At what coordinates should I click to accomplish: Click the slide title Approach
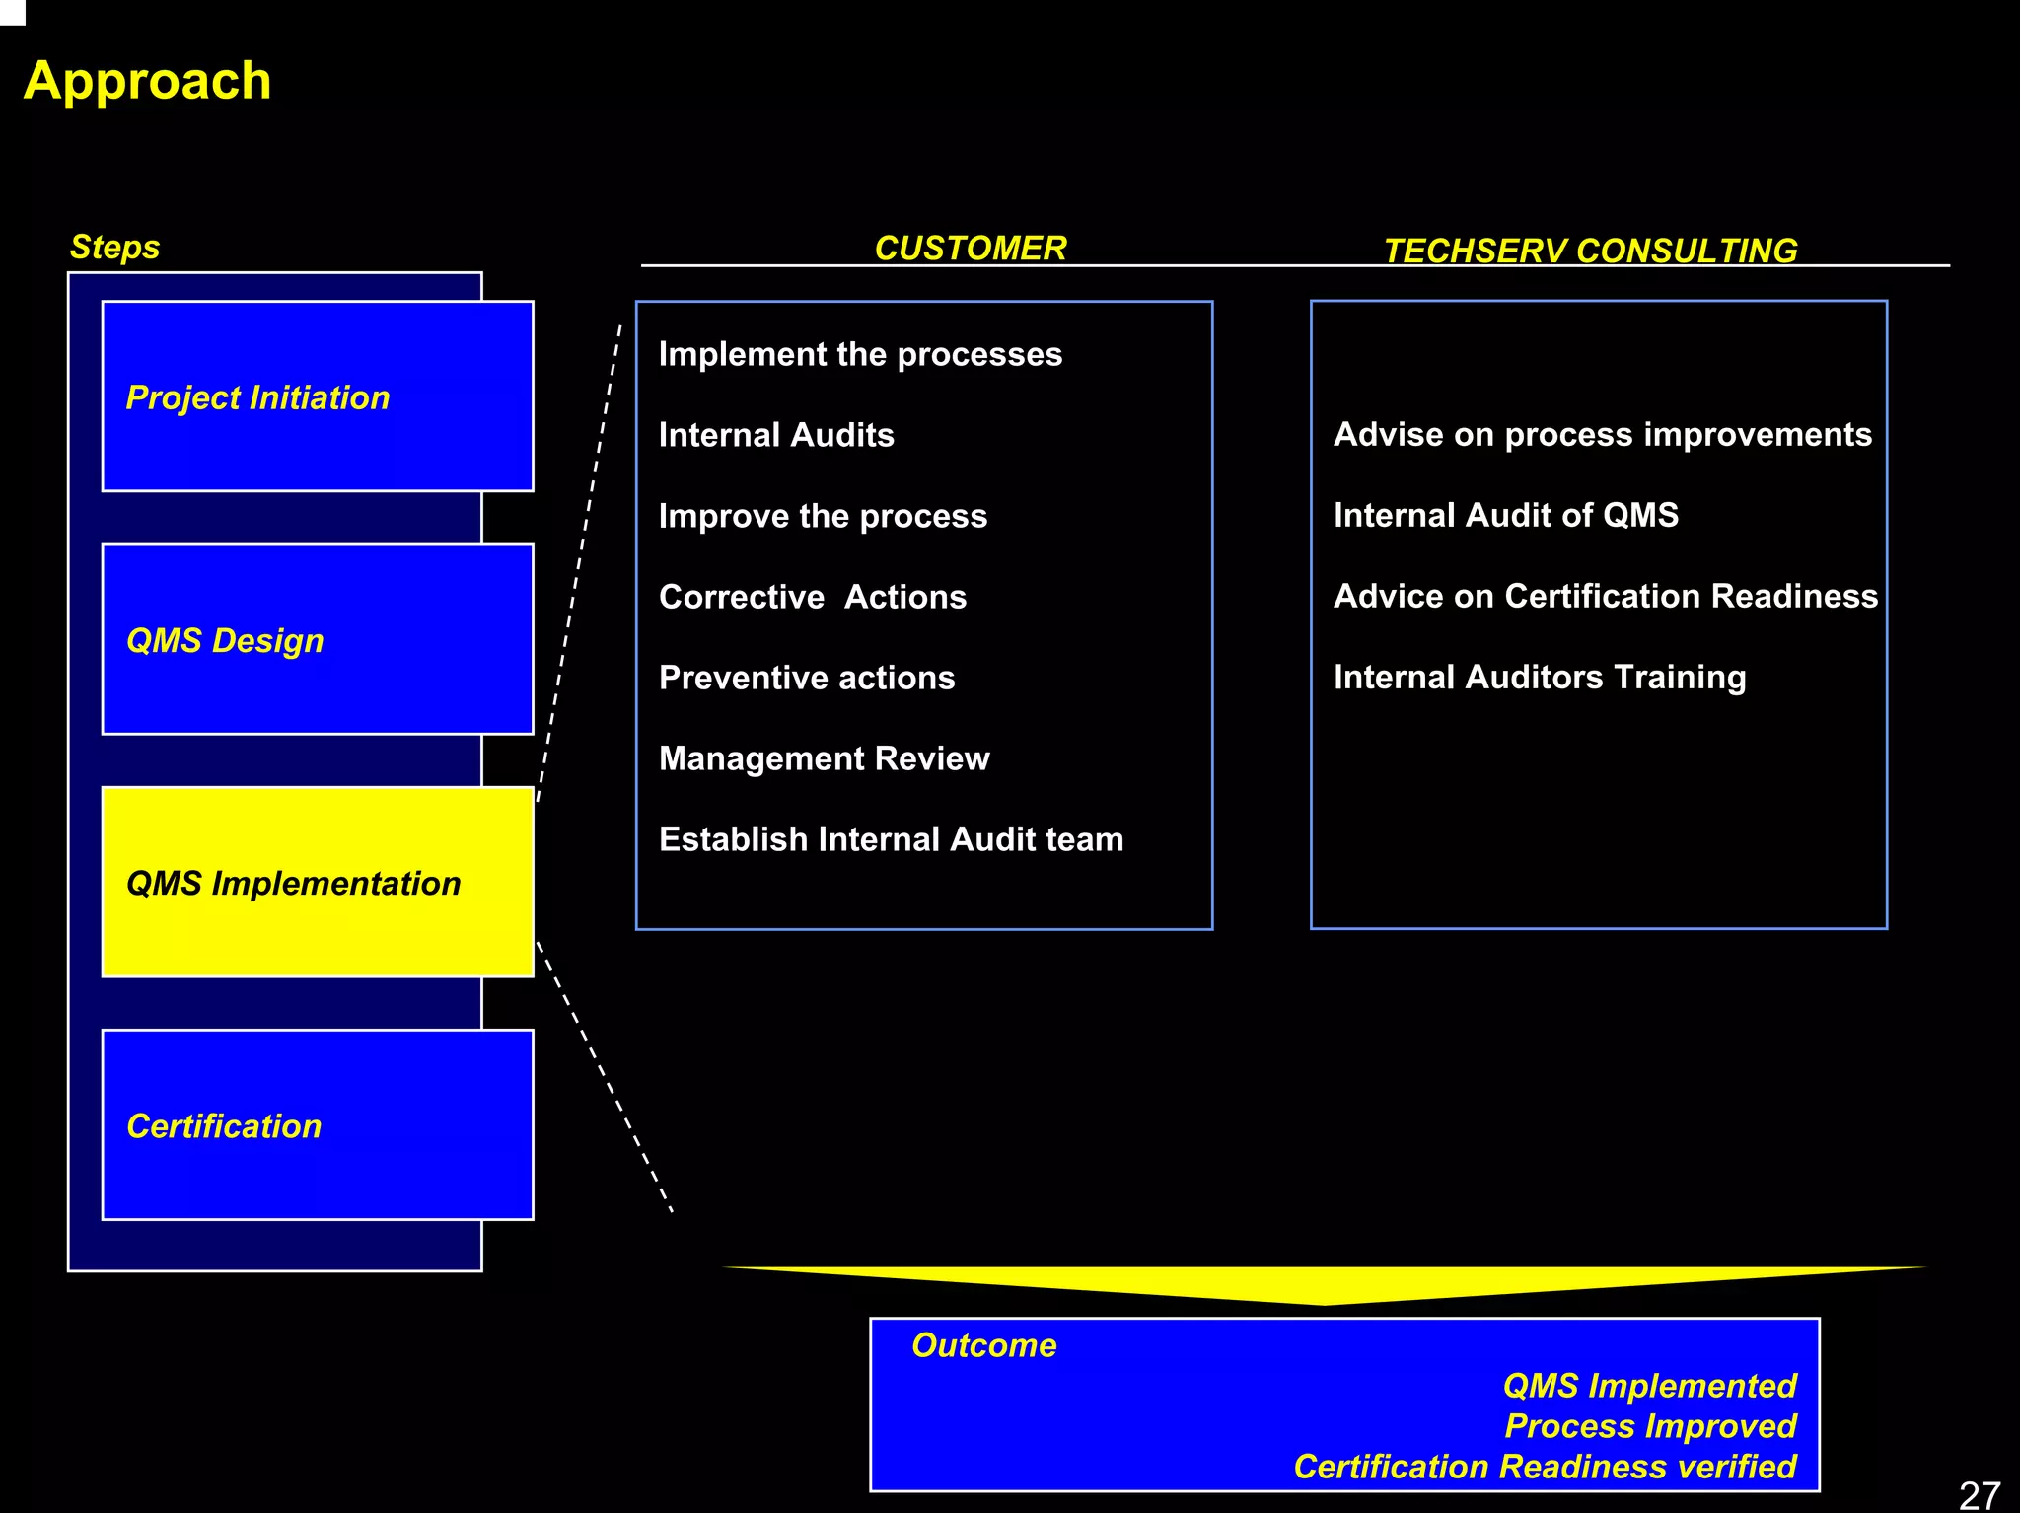pyautogui.click(x=147, y=81)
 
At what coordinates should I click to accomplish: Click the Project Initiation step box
pyautogui.click(x=317, y=396)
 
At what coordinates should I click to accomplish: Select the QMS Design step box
pyautogui.click(x=317, y=639)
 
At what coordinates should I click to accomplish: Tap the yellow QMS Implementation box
pyautogui.click(x=317, y=882)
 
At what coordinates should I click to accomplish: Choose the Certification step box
pyautogui.click(x=317, y=1124)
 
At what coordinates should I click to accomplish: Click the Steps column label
pyautogui.click(x=114, y=247)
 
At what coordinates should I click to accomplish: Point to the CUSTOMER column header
pyautogui.click(x=971, y=248)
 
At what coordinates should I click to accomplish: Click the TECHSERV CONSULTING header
pyautogui.click(x=1590, y=251)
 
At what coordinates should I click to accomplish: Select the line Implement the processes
pyautogui.click(x=860, y=354)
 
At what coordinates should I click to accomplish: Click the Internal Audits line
pyautogui.click(x=776, y=435)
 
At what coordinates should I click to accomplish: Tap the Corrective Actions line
pyautogui.click(x=813, y=597)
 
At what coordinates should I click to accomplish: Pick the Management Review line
pyautogui.click(x=825, y=758)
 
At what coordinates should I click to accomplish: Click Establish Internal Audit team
pyautogui.click(x=891, y=839)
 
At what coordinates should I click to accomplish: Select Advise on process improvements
pyautogui.click(x=1602, y=434)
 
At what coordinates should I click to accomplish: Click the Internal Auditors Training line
pyautogui.click(x=1540, y=677)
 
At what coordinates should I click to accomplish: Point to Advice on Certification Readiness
pyautogui.click(x=1605, y=596)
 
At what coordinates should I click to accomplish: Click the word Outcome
pyautogui.click(x=983, y=1345)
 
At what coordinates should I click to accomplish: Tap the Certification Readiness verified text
pyautogui.click(x=1545, y=1467)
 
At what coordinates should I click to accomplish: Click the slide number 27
pyautogui.click(x=1979, y=1495)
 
